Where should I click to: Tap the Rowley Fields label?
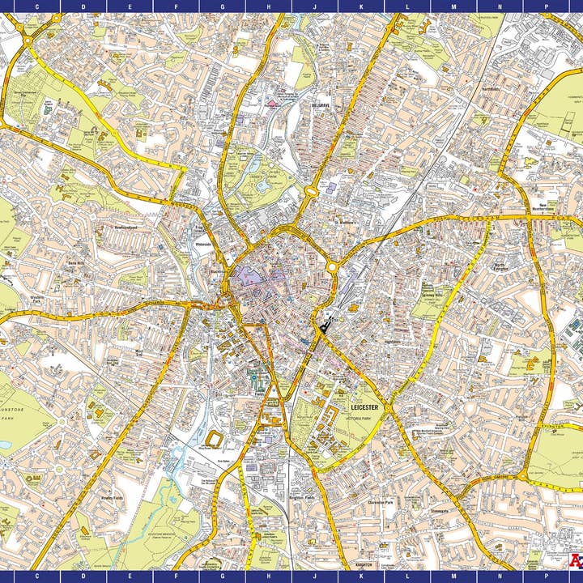[112, 497]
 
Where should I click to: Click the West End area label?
[138, 354]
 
